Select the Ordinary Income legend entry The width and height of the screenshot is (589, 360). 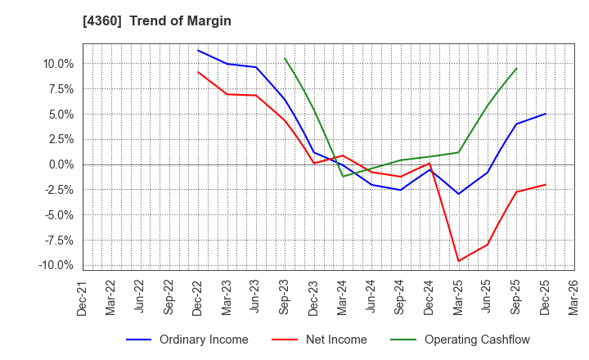pos(187,340)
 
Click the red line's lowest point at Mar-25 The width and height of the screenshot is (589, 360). pos(459,261)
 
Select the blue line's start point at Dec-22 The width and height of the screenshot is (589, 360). pos(198,50)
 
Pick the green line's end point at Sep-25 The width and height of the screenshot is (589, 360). pos(516,69)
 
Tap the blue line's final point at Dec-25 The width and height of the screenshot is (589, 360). pos(546,114)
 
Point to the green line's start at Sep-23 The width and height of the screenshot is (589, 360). pos(285,58)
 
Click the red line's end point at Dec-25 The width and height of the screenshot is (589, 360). pos(546,184)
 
